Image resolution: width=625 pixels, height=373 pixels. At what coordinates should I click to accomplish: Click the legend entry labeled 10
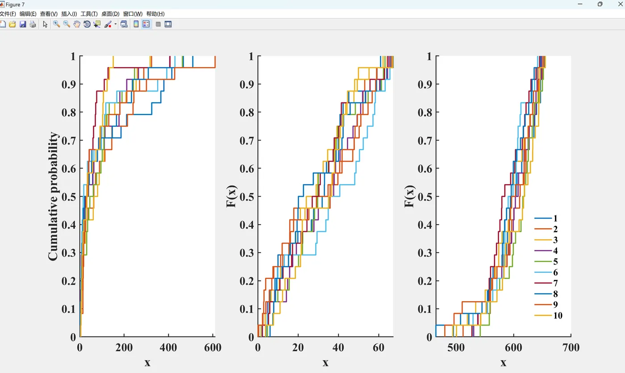click(x=557, y=316)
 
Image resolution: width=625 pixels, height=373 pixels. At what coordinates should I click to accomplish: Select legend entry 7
click(x=555, y=283)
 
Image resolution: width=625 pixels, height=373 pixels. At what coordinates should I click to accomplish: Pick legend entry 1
click(x=555, y=218)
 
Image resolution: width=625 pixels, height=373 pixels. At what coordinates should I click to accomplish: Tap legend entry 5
click(x=555, y=262)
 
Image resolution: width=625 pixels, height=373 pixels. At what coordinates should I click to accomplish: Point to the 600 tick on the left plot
click(x=212, y=348)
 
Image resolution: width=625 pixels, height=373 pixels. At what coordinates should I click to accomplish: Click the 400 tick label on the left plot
click(x=168, y=348)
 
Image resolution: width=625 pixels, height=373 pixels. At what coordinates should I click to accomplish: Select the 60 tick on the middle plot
click(x=379, y=348)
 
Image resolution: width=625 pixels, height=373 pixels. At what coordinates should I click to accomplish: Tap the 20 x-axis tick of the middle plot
click(x=298, y=348)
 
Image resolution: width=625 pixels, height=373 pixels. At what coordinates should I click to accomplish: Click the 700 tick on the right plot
click(x=571, y=348)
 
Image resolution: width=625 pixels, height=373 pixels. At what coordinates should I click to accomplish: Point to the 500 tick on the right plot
click(x=456, y=348)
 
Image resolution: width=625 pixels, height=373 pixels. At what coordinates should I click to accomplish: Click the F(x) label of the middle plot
click(x=231, y=196)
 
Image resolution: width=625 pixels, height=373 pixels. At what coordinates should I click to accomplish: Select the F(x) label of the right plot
click(x=409, y=196)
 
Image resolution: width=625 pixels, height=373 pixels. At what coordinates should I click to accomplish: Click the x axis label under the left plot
click(x=147, y=362)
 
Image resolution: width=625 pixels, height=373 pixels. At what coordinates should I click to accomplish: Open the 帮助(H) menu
click(x=155, y=14)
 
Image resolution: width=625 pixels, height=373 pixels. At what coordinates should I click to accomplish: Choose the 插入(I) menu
click(x=69, y=14)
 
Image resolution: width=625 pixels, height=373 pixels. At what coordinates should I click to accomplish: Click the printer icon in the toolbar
click(x=33, y=24)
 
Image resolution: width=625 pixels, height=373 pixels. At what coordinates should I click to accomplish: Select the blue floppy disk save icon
click(x=23, y=24)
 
